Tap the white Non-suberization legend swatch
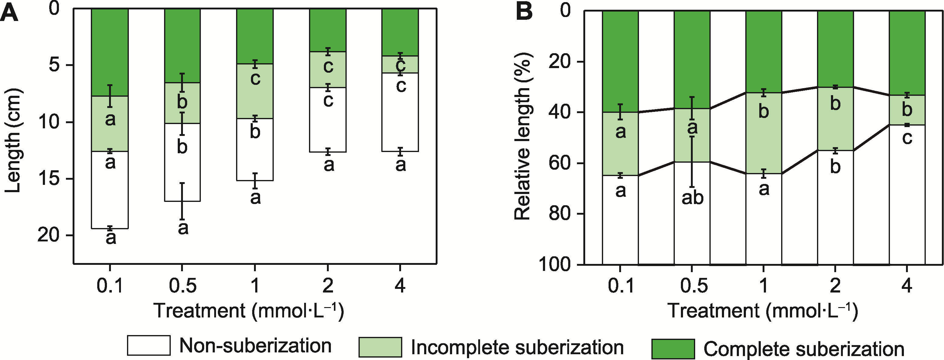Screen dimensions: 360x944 pyautogui.click(x=148, y=345)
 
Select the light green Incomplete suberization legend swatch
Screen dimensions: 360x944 pyautogui.click(x=380, y=347)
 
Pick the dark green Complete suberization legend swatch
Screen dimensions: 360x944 pyautogui.click(x=673, y=349)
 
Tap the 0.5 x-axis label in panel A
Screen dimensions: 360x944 pyautogui.click(x=183, y=286)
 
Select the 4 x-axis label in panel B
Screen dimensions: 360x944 pyautogui.click(x=907, y=286)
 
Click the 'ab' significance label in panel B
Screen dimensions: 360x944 pyautogui.click(x=692, y=198)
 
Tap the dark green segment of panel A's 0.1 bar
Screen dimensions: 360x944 pyautogui.click(x=110, y=51)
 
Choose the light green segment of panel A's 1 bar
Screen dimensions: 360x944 pyautogui.click(x=255, y=91)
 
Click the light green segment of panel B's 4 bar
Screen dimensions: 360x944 pyautogui.click(x=907, y=110)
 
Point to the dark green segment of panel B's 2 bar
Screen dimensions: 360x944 pyautogui.click(x=835, y=48)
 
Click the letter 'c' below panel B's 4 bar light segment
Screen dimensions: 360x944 pyautogui.click(x=907, y=138)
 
